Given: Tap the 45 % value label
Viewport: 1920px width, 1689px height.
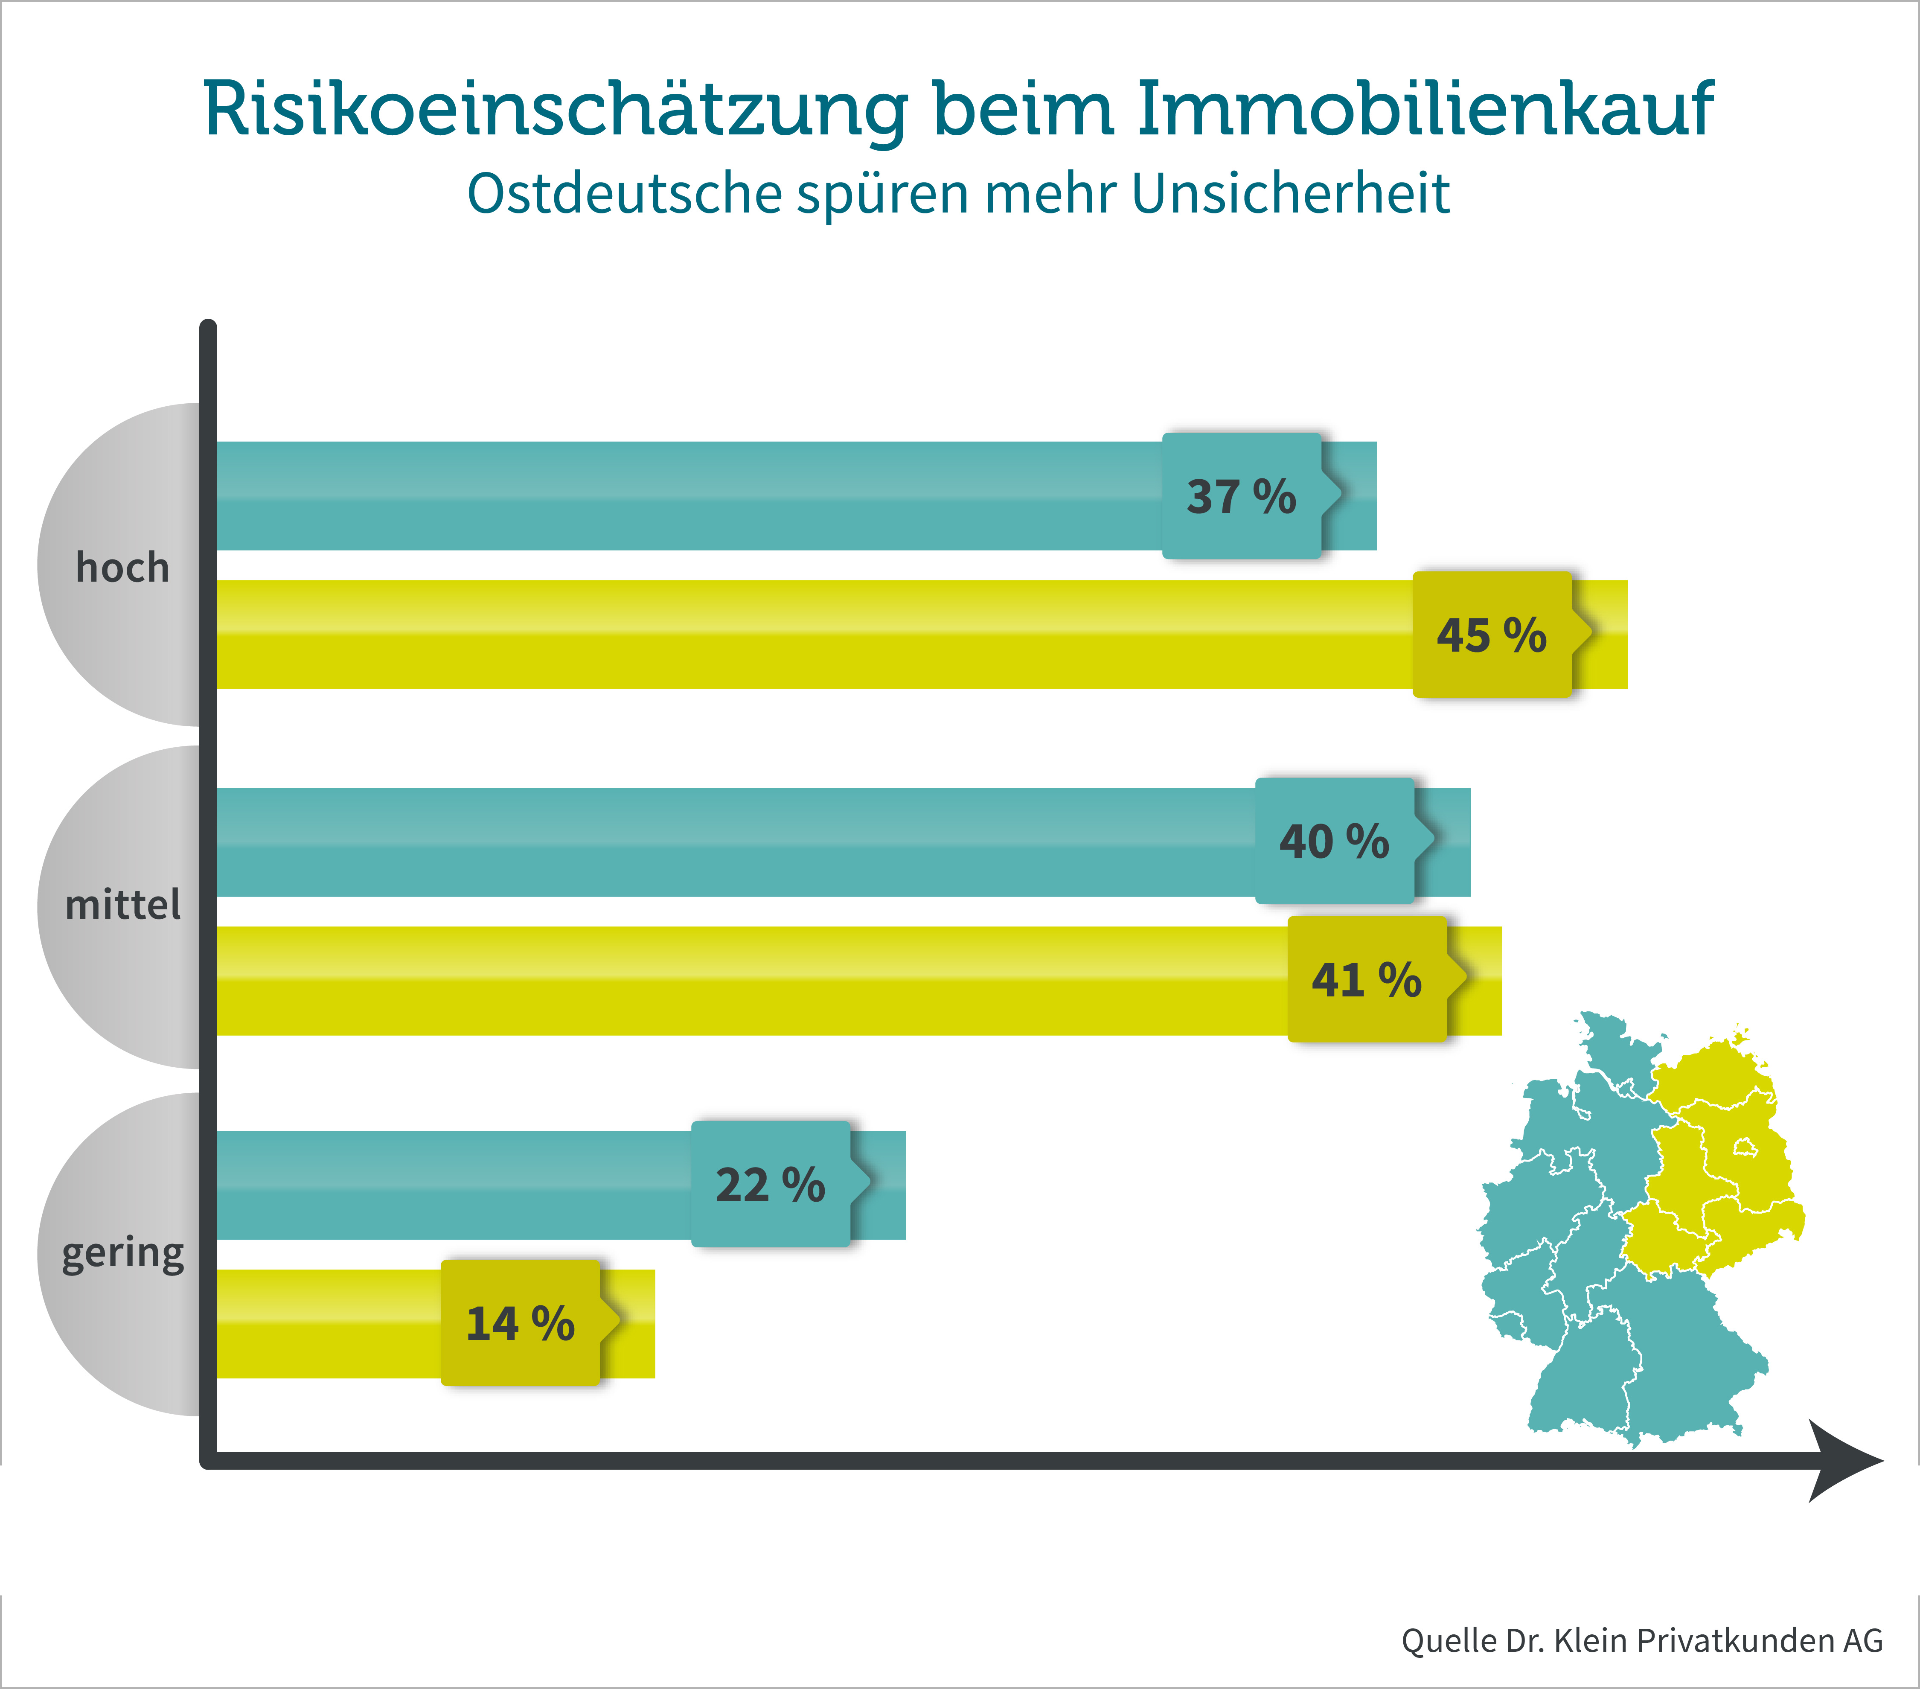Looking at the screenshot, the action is tap(1492, 635).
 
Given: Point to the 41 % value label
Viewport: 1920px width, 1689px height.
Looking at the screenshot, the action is tap(1367, 980).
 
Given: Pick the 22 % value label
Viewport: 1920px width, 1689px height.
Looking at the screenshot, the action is tap(770, 1185).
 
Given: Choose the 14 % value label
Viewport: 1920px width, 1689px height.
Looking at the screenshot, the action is tap(521, 1324).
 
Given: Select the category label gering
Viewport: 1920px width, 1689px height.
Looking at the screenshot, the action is tap(123, 1254).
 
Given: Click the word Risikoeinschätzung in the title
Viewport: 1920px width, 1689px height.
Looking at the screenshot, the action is tap(555, 111).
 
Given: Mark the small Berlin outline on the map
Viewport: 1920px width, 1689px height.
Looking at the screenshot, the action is tap(1744, 1147).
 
